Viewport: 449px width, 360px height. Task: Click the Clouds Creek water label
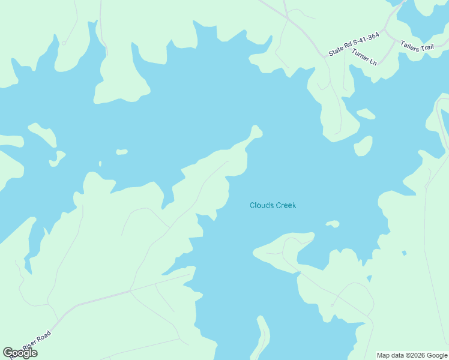[x=273, y=206]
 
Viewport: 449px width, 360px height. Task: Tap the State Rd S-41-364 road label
[x=354, y=45]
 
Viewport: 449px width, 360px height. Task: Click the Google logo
[x=20, y=353]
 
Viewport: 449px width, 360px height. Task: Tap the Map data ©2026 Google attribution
[x=412, y=355]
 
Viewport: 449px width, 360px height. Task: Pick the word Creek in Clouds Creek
[x=286, y=206]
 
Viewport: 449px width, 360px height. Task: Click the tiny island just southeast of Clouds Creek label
[x=333, y=224]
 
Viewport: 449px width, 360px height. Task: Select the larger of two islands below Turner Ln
[x=363, y=145]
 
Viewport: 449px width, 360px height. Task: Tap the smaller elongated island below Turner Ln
[x=366, y=113]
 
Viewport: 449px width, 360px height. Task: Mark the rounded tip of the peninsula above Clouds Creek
[x=256, y=130]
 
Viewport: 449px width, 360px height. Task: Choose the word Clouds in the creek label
[x=261, y=206]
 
